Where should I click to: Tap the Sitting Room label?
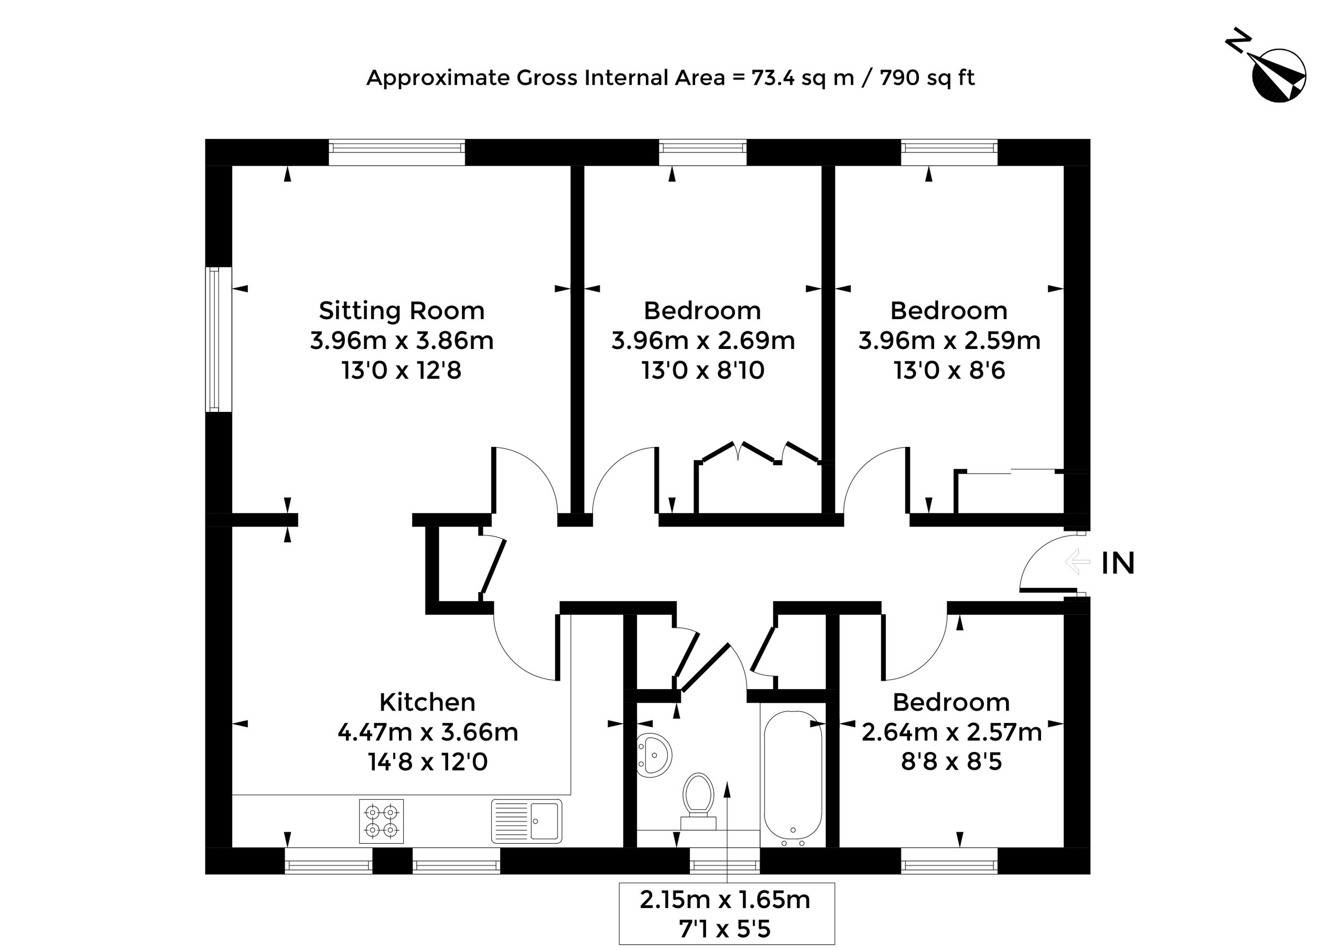click(x=402, y=311)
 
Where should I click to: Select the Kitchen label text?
click(x=427, y=702)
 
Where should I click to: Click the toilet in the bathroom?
click(x=698, y=801)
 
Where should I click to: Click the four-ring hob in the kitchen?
click(x=382, y=821)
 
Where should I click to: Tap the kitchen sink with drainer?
click(x=527, y=821)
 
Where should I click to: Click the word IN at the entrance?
click(x=1118, y=563)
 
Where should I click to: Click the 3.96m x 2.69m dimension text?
click(x=703, y=341)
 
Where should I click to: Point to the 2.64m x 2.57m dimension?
click(x=951, y=732)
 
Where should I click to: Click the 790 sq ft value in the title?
click(x=927, y=78)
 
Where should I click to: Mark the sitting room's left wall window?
click(x=218, y=340)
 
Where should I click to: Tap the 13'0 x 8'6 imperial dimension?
click(x=949, y=370)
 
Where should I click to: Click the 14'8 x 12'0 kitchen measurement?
click(x=427, y=762)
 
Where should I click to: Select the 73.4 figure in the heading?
click(x=773, y=78)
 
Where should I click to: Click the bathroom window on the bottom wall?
click(x=724, y=860)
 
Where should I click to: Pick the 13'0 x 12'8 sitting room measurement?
click(x=402, y=370)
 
